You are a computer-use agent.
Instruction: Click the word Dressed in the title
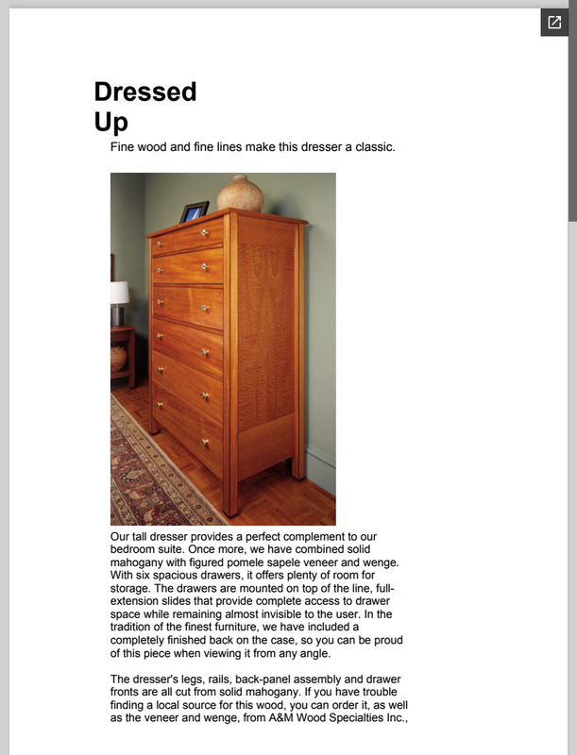tap(145, 92)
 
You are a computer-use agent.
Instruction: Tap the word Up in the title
tap(110, 123)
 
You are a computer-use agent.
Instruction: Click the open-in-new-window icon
tap(554, 23)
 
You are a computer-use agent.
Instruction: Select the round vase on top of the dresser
tap(240, 193)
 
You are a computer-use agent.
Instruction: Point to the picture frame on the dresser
tap(195, 212)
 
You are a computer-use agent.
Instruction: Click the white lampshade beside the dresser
tap(119, 292)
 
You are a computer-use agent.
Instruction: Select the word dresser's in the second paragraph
tap(160, 679)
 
